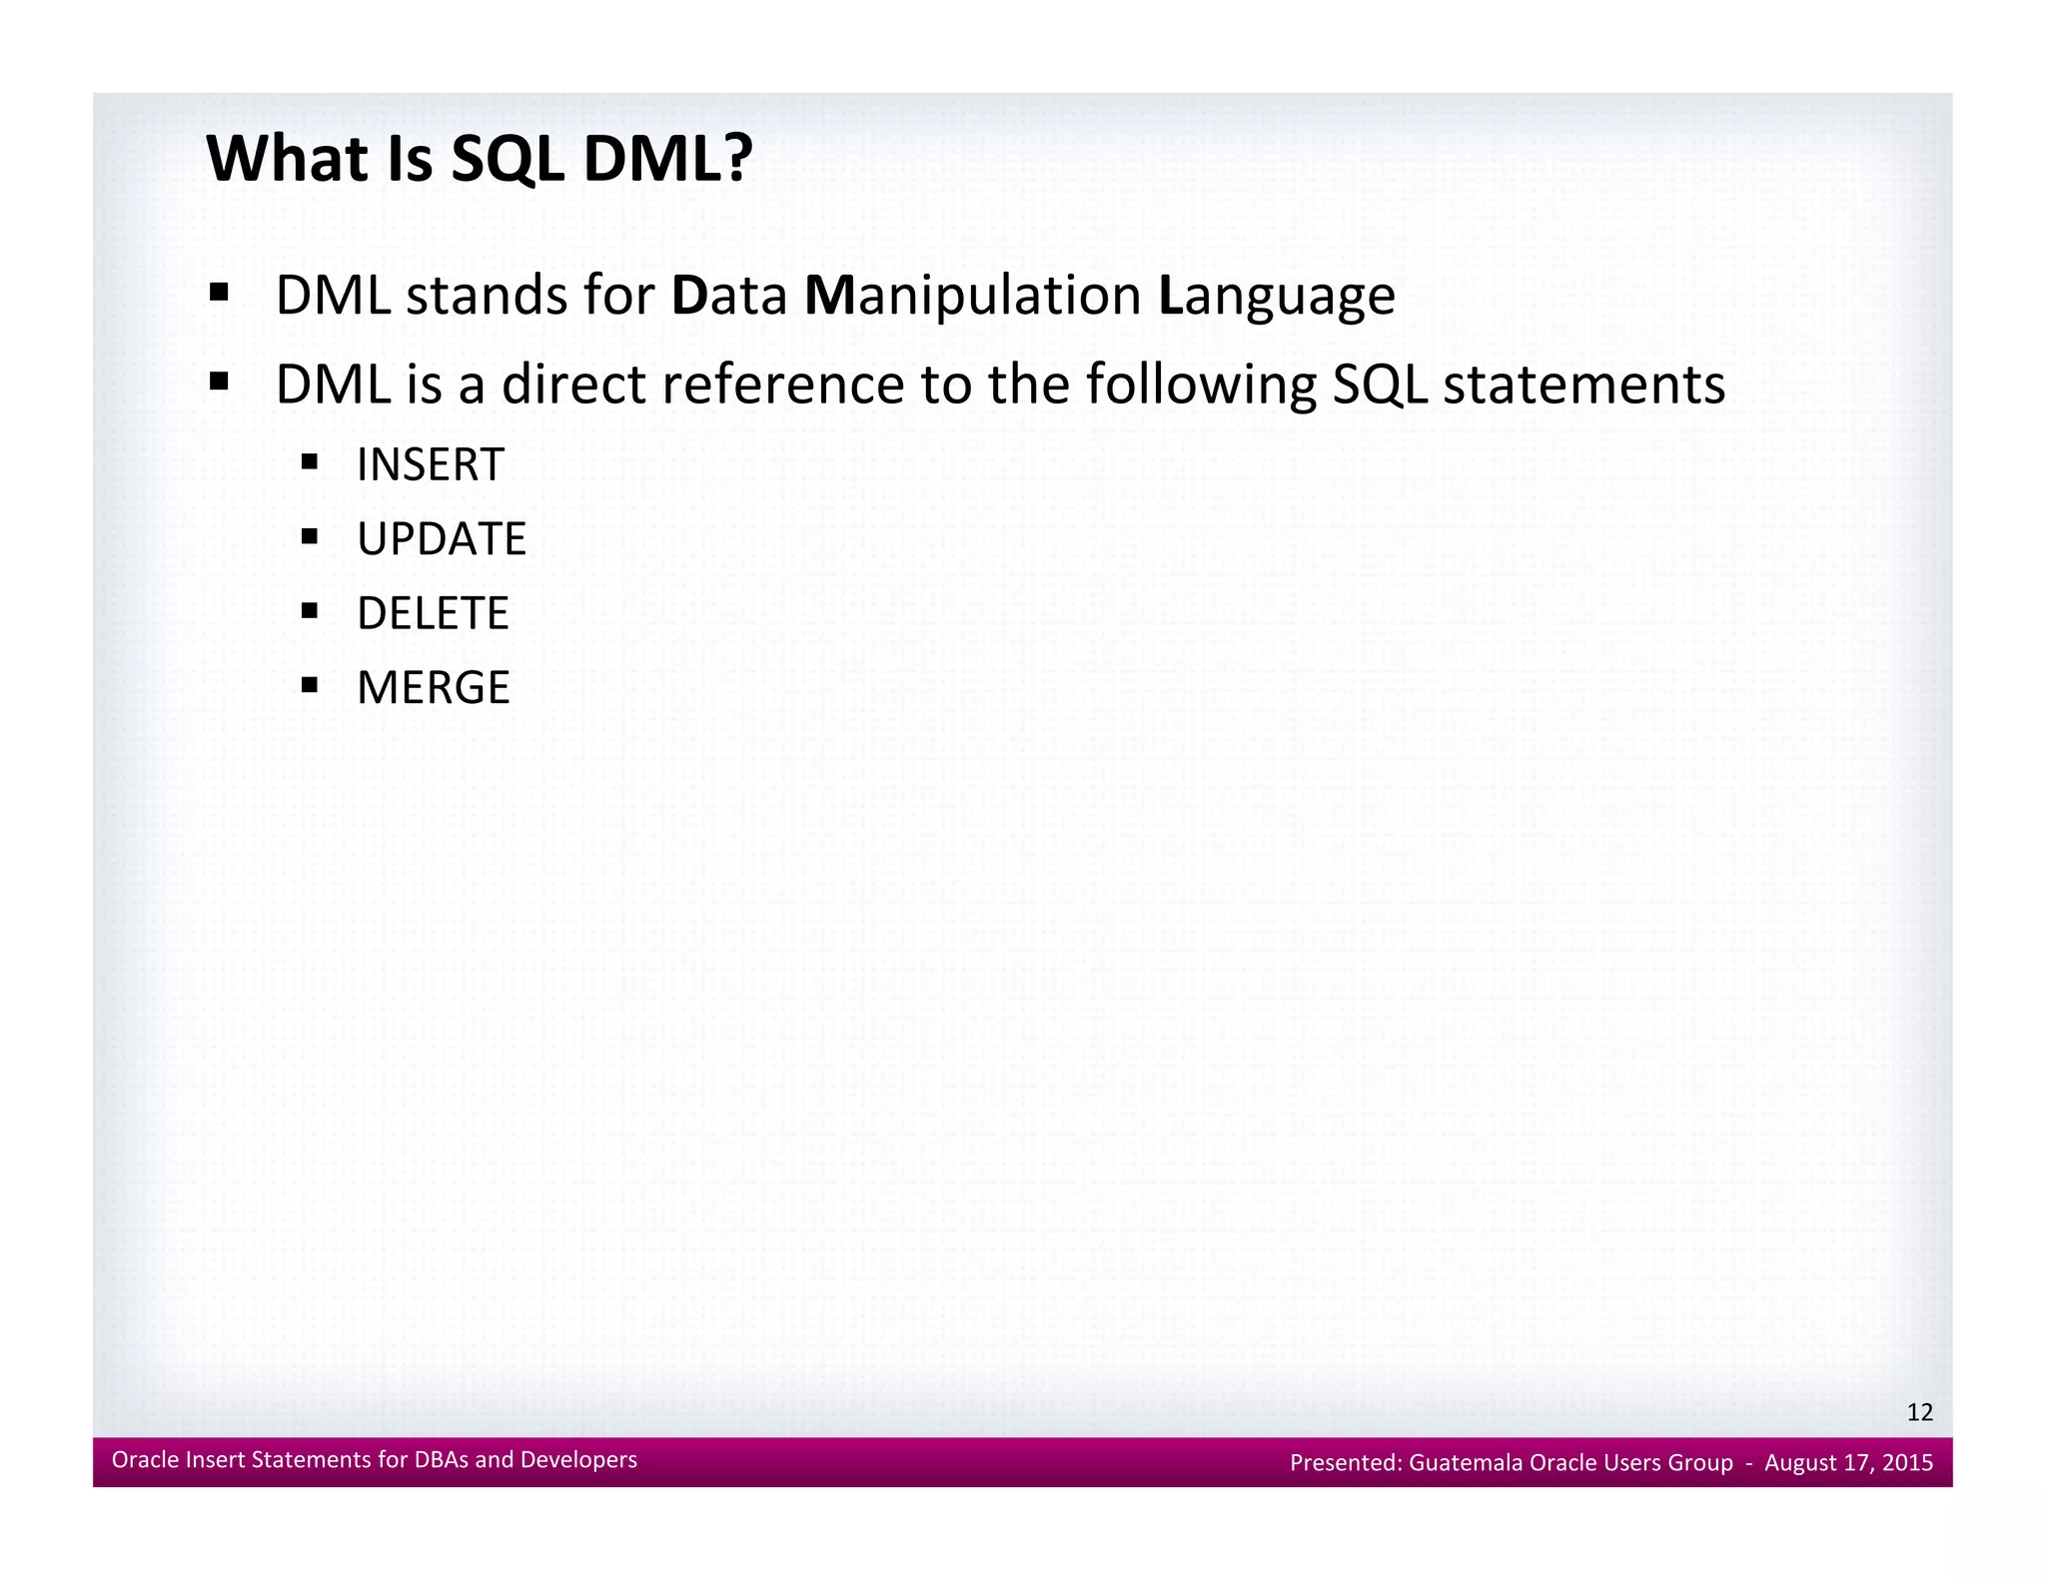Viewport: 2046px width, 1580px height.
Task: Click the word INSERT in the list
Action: click(x=430, y=465)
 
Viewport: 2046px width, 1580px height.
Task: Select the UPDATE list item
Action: click(x=441, y=539)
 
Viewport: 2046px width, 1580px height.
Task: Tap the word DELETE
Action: click(x=432, y=613)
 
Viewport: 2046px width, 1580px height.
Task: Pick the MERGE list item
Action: click(x=433, y=688)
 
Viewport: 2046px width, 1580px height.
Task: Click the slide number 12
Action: click(x=1919, y=1412)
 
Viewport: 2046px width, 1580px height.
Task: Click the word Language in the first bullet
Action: click(x=1276, y=297)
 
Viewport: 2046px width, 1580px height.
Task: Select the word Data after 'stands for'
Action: click(x=729, y=297)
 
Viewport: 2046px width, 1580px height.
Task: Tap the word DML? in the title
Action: click(x=666, y=160)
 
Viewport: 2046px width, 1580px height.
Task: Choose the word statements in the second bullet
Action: click(x=1583, y=386)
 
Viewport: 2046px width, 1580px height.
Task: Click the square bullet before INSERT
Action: click(x=310, y=462)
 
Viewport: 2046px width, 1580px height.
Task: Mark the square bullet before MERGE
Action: click(x=310, y=685)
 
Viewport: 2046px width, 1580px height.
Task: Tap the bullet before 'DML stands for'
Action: click(x=219, y=294)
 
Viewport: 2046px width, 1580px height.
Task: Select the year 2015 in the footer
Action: click(x=1907, y=1463)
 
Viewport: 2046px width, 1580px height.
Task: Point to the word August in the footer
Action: click(x=1798, y=1463)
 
